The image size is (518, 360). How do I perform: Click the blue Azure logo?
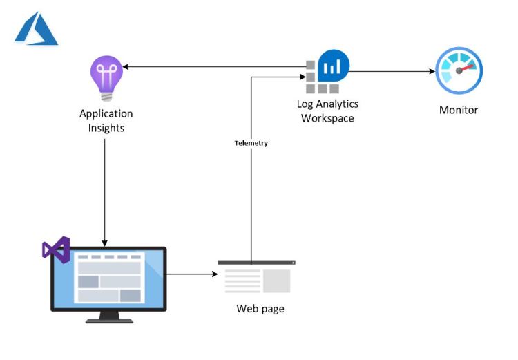click(36, 29)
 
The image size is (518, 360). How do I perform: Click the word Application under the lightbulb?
click(106, 113)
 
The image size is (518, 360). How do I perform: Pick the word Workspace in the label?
click(327, 118)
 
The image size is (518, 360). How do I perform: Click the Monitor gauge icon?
click(459, 71)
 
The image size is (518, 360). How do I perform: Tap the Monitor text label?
click(459, 110)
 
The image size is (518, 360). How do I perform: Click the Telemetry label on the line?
click(251, 143)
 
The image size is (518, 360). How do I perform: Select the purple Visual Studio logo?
click(56, 248)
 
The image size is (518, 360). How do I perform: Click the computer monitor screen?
click(108, 278)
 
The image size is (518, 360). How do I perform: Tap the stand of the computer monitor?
click(108, 316)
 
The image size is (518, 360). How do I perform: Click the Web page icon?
click(257, 278)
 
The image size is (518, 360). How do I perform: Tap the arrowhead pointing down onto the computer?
click(105, 243)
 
